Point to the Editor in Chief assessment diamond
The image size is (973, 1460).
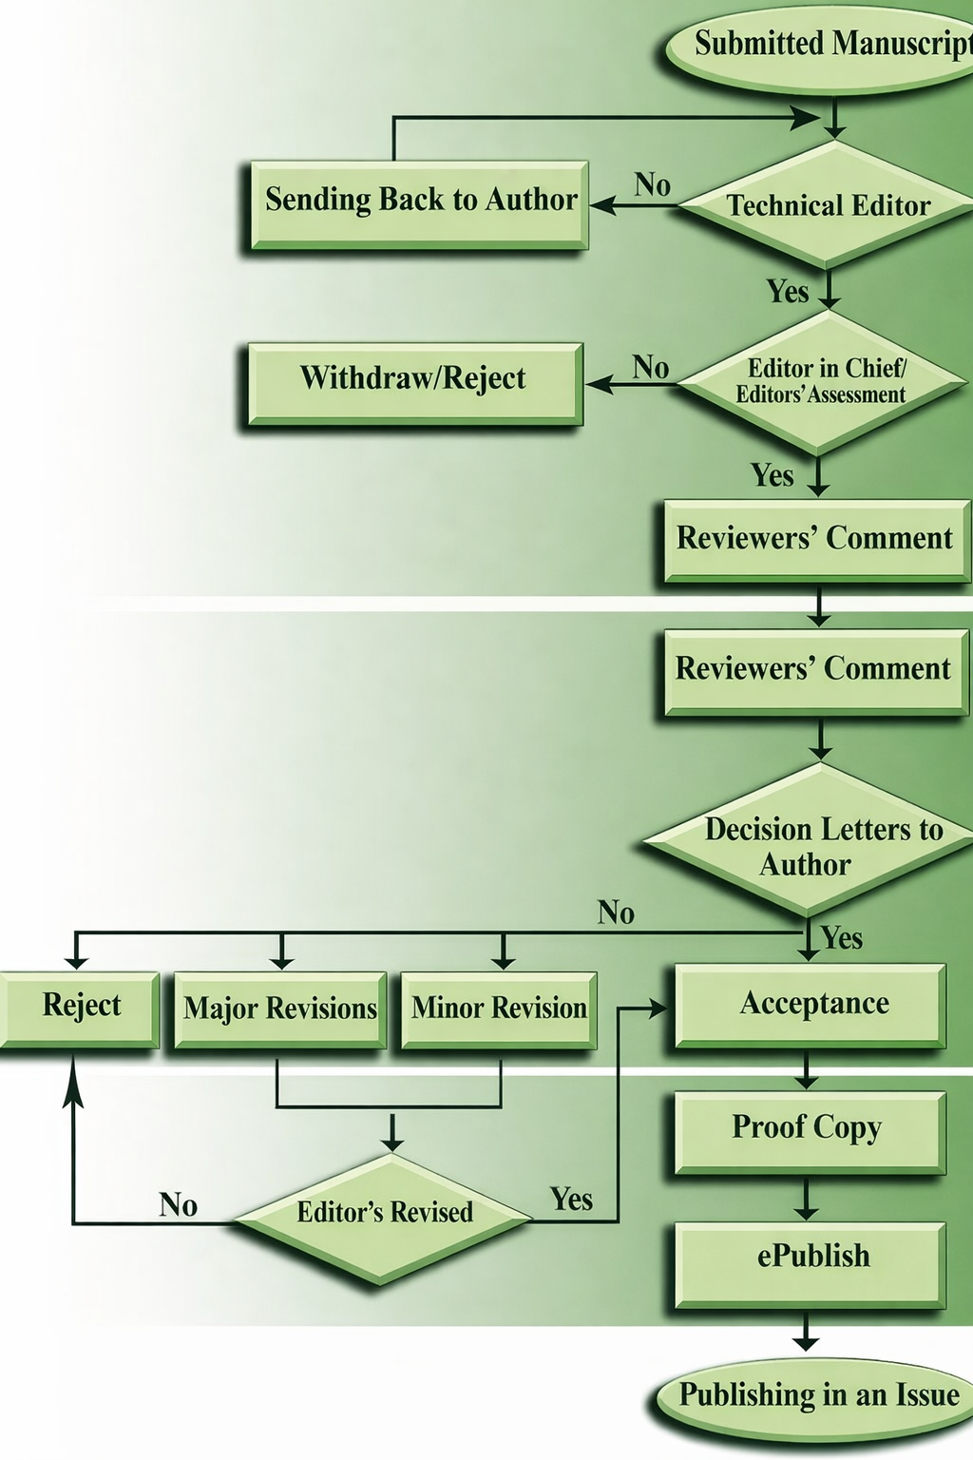[x=821, y=382]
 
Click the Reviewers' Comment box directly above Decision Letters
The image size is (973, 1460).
[x=815, y=671]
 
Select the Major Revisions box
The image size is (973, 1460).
[x=280, y=1009]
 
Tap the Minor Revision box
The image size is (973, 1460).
[x=499, y=1009]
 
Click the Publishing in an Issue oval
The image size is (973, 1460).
[x=817, y=1397]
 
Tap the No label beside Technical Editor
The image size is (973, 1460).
[x=653, y=185]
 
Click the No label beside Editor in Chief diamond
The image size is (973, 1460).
[x=651, y=368]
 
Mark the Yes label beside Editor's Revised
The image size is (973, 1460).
[x=571, y=1201]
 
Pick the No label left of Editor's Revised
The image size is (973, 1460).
[x=179, y=1206]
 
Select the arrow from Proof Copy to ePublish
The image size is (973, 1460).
[x=806, y=1200]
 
